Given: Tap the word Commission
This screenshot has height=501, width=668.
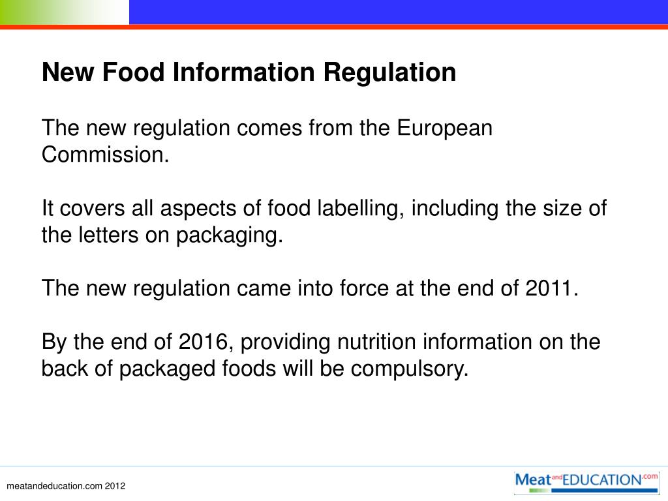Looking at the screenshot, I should (105, 155).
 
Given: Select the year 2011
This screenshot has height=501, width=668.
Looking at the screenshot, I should (551, 288).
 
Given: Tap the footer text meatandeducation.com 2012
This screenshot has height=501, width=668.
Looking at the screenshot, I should (65, 487).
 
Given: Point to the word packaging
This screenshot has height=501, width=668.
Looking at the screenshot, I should (229, 235).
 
